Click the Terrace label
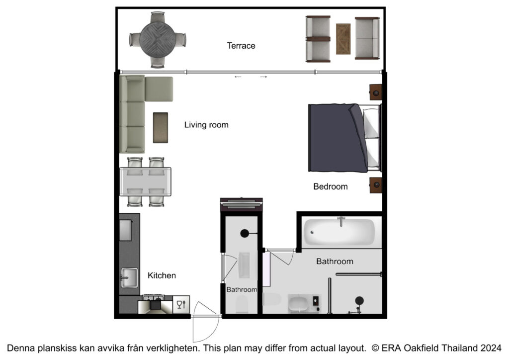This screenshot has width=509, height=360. click(241, 46)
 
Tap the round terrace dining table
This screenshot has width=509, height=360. click(158, 40)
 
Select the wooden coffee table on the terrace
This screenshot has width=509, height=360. click(343, 39)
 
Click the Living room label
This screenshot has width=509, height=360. click(206, 125)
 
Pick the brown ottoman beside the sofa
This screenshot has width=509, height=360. click(161, 128)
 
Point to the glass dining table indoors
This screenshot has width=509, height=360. click(146, 182)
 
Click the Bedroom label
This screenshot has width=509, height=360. click(331, 186)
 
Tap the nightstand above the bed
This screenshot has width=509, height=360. click(376, 92)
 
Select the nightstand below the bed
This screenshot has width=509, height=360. click(376, 185)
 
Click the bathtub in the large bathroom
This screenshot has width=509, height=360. click(339, 232)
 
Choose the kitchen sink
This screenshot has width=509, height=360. click(129, 277)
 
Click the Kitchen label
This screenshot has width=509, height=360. click(162, 275)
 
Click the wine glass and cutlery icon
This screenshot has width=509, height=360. click(181, 304)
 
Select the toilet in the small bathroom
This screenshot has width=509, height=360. click(242, 304)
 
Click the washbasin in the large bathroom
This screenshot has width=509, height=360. click(298, 304)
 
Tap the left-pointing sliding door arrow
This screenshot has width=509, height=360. click(238, 77)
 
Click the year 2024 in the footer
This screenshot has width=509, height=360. click(491, 348)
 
